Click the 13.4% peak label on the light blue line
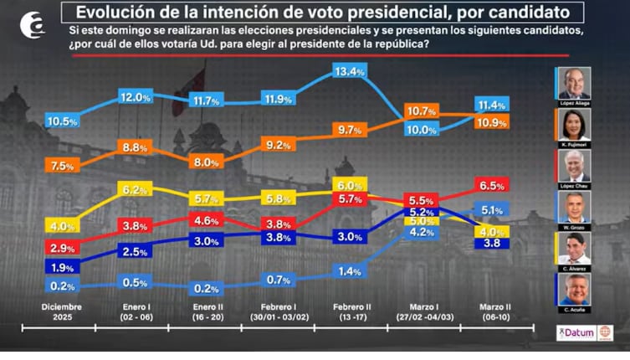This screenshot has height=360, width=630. click(350, 72)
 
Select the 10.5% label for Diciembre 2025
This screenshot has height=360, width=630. click(62, 121)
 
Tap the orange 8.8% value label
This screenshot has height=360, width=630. click(134, 147)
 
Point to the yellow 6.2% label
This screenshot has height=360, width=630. click(134, 191)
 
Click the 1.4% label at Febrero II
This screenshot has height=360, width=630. click(350, 272)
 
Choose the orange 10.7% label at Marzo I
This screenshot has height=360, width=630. click(421, 111)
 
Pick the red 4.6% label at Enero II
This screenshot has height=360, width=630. click(206, 221)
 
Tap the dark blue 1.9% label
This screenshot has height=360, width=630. click(62, 267)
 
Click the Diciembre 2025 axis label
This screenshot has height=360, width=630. click(62, 311)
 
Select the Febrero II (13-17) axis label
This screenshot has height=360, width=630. click(350, 311)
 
